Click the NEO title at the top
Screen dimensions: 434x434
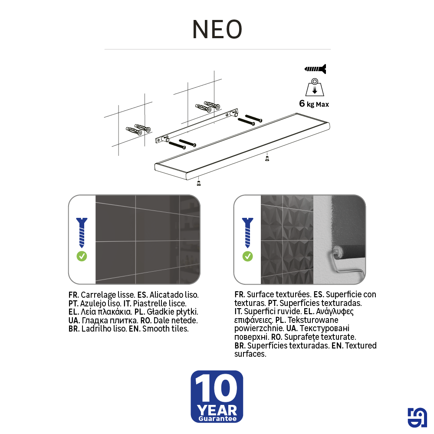217,30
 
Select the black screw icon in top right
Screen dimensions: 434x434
315,69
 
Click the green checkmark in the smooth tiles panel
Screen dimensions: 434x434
82,256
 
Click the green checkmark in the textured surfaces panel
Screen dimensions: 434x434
247,256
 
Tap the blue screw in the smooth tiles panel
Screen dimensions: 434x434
82,232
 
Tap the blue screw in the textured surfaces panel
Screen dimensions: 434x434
247,232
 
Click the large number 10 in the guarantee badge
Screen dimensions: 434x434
217,389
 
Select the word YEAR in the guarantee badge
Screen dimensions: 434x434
217,410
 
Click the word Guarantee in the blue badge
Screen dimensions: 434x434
217,419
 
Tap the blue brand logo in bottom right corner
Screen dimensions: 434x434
417,418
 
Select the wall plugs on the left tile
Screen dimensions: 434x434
138,129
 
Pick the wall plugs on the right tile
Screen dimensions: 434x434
208,106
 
